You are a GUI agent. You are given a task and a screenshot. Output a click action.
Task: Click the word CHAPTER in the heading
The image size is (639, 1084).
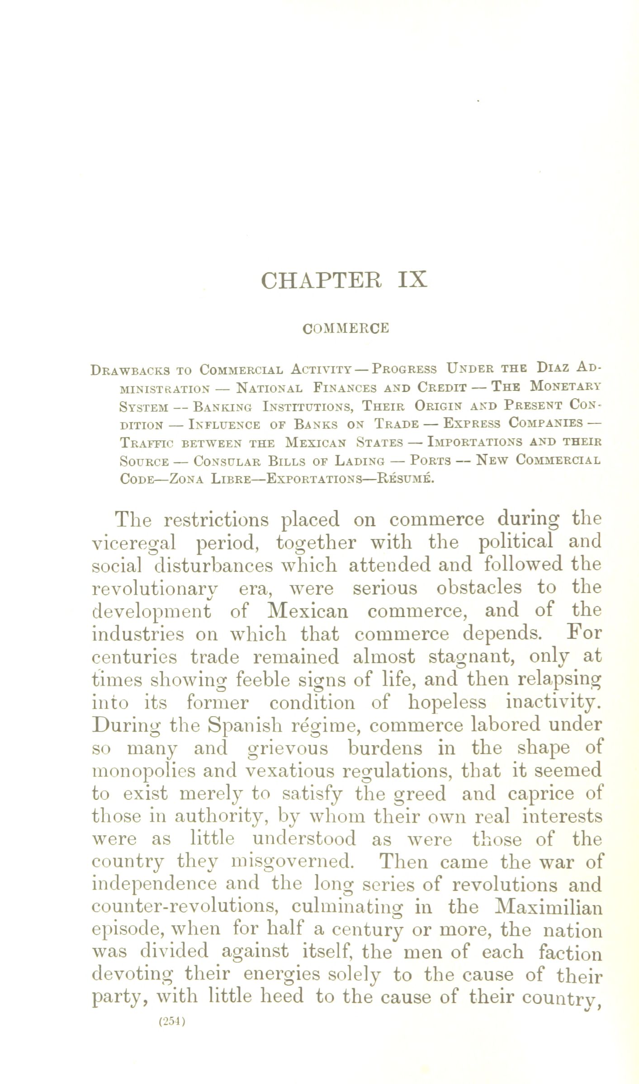pos(321,280)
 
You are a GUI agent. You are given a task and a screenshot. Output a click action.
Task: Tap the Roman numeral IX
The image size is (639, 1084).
pos(412,280)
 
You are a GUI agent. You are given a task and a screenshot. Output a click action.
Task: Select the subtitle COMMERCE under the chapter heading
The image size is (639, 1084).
pos(346,328)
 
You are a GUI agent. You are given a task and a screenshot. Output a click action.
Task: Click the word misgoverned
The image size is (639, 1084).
pos(292,862)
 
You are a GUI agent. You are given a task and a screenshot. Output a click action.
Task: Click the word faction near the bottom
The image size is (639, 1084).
pos(570,953)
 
